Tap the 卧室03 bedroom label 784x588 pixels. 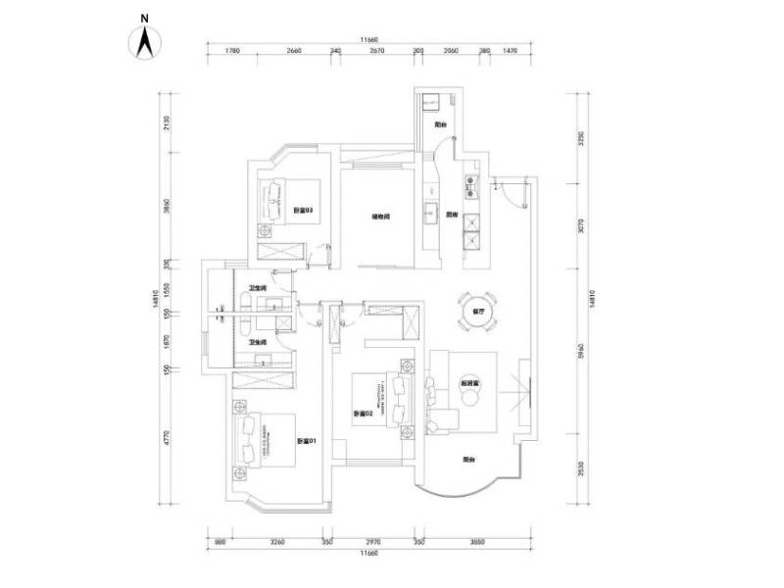pyautogui.click(x=302, y=211)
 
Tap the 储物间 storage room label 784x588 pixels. pyautogui.click(x=381, y=217)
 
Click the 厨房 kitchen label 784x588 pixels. pyautogui.click(x=453, y=217)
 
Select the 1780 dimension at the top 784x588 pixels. pyautogui.click(x=232, y=51)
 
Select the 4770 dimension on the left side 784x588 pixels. pyautogui.click(x=168, y=436)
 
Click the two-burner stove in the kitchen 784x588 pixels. pyautogui.click(x=469, y=183)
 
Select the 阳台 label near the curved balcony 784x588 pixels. pyautogui.click(x=468, y=458)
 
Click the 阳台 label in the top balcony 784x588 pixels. pyautogui.click(x=440, y=125)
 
